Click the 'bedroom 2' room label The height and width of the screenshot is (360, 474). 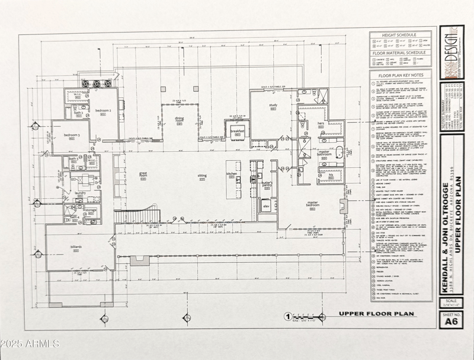click(104, 111)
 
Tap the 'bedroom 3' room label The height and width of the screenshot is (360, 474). click(71, 135)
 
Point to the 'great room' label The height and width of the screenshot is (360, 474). click(143, 175)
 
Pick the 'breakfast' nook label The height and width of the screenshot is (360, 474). click(238, 130)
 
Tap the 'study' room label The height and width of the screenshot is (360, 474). click(273, 106)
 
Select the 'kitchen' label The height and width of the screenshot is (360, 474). click(232, 174)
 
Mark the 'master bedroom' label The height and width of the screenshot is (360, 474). click(312, 205)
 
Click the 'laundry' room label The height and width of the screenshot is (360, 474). click(81, 192)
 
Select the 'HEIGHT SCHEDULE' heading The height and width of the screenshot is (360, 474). click(401, 35)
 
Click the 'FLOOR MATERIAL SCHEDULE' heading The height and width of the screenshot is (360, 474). click(401, 53)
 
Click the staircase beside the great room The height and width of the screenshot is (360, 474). click(129, 216)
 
